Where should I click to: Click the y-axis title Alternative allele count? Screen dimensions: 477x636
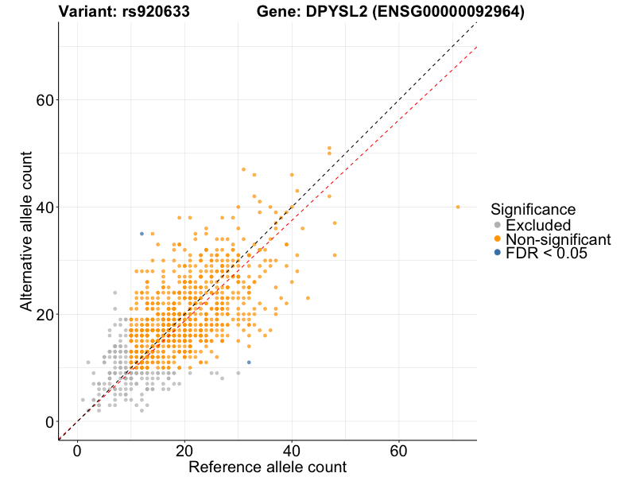(x=26, y=231)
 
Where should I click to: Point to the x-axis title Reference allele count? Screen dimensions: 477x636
(x=267, y=467)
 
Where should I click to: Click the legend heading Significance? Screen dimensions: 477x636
(x=533, y=209)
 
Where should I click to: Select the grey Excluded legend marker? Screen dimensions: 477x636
(x=498, y=225)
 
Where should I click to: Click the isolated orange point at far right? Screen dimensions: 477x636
(x=458, y=207)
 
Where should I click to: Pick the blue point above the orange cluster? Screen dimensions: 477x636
(x=142, y=234)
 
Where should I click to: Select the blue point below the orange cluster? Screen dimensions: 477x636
(x=249, y=363)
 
